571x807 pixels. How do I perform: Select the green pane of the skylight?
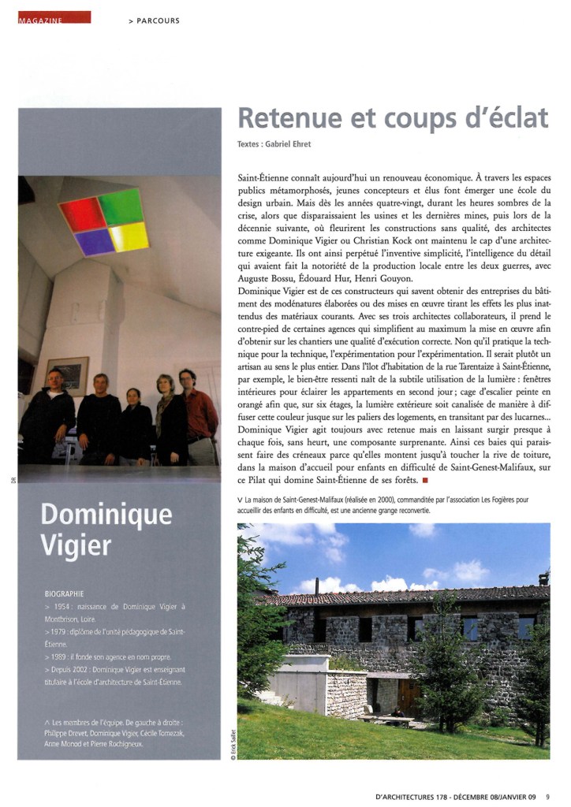[121, 206]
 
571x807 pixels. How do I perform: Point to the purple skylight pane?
[95, 241]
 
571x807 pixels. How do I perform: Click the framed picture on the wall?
[67, 375]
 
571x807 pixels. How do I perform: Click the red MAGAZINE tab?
[54, 17]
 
